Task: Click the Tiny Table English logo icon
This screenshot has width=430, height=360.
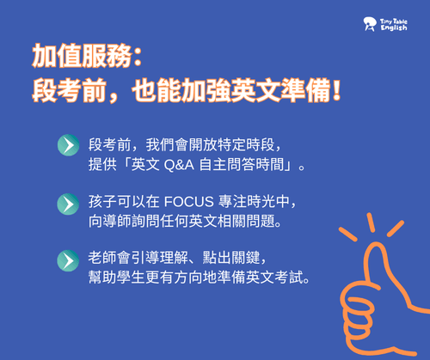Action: click(x=370, y=24)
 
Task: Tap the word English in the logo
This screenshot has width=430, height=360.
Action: click(x=394, y=27)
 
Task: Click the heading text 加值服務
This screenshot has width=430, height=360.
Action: click(x=82, y=56)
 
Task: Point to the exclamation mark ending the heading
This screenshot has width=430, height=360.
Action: click(x=336, y=90)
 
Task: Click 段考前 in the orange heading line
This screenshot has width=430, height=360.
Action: click(x=69, y=91)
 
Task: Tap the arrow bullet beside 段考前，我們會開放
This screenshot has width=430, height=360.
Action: click(x=68, y=145)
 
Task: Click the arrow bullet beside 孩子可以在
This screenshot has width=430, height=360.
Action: click(x=68, y=204)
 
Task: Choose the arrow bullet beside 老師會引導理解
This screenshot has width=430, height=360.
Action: click(x=68, y=260)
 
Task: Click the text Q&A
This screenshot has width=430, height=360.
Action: click(x=179, y=165)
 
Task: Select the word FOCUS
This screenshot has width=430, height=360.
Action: click(x=189, y=202)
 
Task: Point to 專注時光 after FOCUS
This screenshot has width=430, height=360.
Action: click(x=247, y=201)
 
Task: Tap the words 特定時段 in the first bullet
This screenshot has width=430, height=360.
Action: click(x=246, y=145)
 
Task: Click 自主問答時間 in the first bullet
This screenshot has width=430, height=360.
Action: click(x=242, y=165)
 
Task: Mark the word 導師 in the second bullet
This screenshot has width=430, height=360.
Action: click(x=109, y=222)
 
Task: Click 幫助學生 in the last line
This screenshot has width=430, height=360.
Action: click(x=116, y=278)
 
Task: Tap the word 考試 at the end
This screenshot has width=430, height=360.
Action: click(x=289, y=278)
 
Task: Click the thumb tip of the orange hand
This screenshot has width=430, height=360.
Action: click(x=376, y=245)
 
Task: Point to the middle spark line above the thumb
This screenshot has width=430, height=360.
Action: click(x=371, y=223)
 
